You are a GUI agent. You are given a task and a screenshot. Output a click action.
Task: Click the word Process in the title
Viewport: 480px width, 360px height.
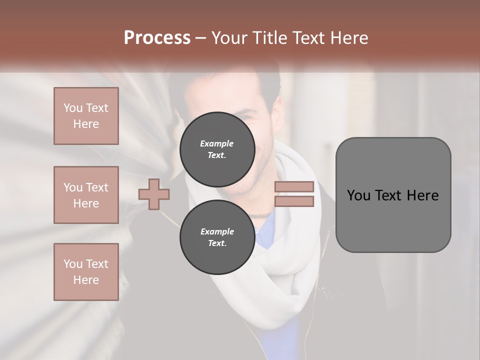coord(157,38)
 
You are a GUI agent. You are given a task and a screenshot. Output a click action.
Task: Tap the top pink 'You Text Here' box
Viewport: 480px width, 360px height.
coord(86,116)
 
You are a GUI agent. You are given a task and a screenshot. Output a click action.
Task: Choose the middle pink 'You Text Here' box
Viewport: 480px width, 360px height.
coord(86,195)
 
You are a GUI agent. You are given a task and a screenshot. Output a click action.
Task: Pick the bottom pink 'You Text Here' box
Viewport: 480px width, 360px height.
coord(86,272)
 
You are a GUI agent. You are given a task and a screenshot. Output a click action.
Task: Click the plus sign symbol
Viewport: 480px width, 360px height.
coord(154,194)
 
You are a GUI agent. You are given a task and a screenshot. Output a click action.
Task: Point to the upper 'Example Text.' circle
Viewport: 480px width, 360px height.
coord(217,149)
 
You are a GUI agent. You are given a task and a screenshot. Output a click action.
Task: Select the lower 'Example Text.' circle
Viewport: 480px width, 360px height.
coord(217,237)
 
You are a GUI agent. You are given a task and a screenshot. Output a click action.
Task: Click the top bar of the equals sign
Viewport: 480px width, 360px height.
coord(294,187)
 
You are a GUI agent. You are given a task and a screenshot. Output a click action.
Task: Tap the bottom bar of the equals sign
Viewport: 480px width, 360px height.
coord(294,201)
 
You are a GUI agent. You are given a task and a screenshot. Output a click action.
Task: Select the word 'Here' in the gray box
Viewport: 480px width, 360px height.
coord(422,195)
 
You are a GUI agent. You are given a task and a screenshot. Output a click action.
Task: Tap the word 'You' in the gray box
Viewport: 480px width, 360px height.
coord(358,195)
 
